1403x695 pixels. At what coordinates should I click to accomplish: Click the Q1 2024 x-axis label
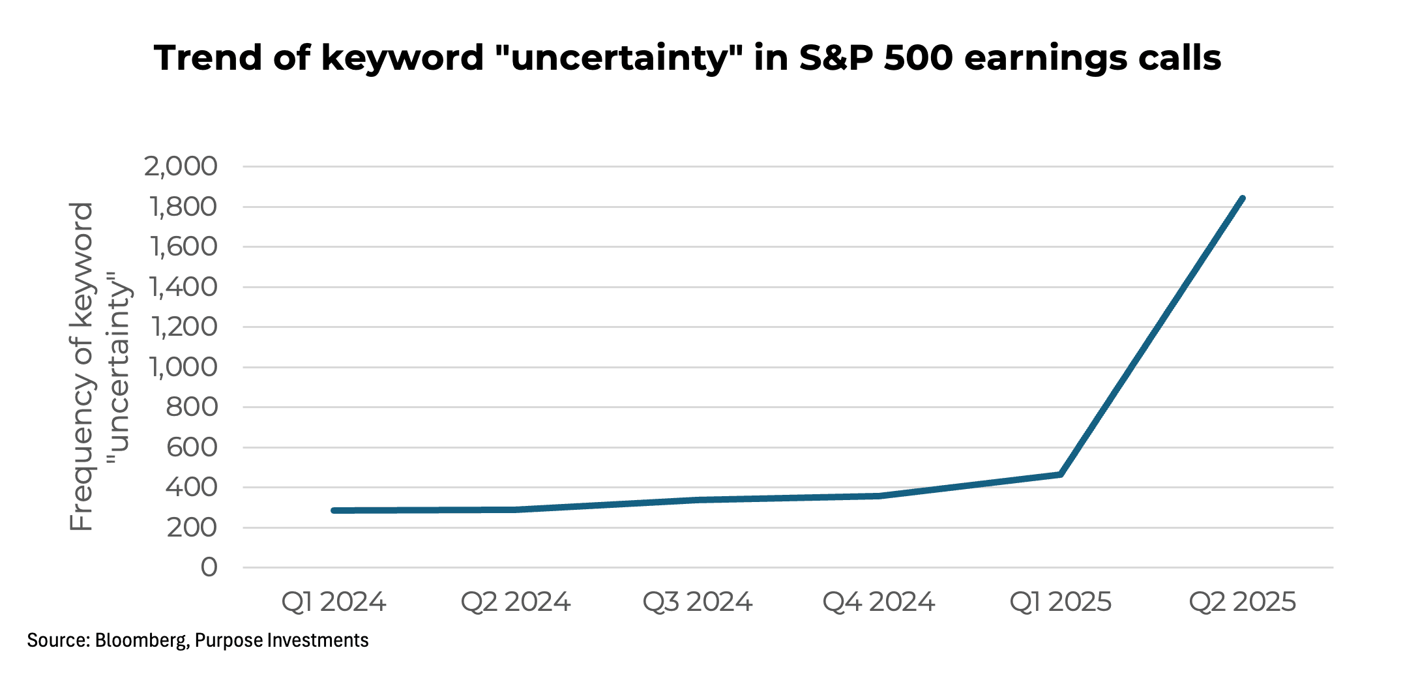pos(334,602)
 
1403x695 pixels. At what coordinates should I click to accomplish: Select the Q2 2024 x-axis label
pos(516,602)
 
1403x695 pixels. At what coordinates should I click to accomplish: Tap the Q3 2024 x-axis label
pos(698,602)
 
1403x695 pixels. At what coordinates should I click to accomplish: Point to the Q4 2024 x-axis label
pos(879,602)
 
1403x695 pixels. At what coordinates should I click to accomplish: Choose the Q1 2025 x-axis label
pos(1061,602)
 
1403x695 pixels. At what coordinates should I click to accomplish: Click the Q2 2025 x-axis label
pos(1243,602)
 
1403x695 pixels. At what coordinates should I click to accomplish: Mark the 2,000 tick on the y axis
pos(181,167)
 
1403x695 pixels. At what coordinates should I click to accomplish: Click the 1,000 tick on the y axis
pos(183,368)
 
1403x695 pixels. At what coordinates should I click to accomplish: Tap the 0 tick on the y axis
pos(209,568)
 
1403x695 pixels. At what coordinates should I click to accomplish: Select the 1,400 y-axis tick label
pos(183,288)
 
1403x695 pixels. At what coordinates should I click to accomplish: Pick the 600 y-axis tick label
pos(192,448)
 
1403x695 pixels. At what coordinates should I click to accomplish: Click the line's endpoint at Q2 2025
pos(1243,198)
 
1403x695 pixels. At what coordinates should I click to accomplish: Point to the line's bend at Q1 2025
pos(1061,474)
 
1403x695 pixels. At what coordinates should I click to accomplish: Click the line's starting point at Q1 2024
pos(334,510)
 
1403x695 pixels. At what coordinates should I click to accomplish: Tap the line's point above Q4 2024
pos(879,496)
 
